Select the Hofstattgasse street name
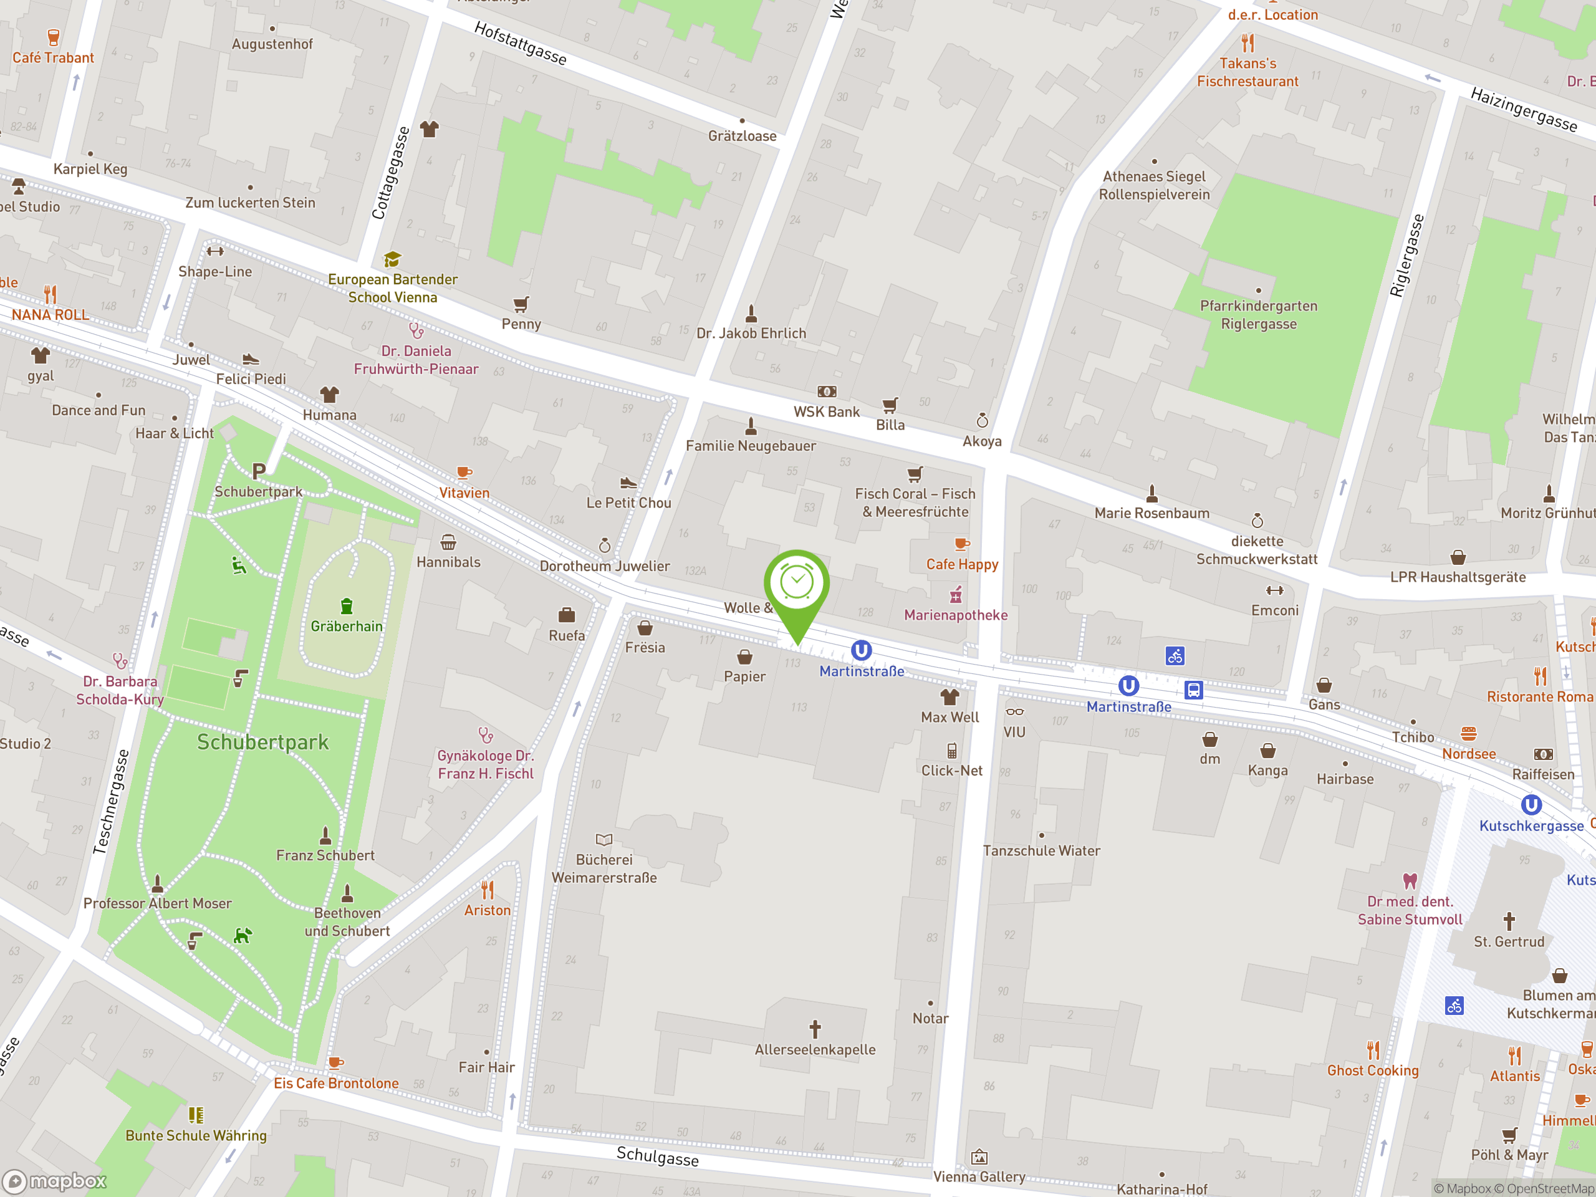coord(520,42)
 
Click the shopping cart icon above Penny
coord(521,304)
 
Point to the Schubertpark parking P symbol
coord(259,471)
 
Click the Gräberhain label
coord(347,627)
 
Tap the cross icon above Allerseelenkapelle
coord(815,1028)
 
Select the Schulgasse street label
coord(657,1156)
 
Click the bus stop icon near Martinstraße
coord(1193,690)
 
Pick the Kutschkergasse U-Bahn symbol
coord(1531,804)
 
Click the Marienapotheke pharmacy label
coord(955,615)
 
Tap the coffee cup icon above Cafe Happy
coord(961,544)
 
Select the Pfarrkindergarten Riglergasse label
coord(1258,315)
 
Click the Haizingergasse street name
coord(1523,109)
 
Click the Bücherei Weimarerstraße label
coord(604,868)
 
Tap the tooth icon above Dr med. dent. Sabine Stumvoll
coord(1409,880)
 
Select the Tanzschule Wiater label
coord(1041,850)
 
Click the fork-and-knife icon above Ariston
coord(488,890)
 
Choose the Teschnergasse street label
coord(111,802)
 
